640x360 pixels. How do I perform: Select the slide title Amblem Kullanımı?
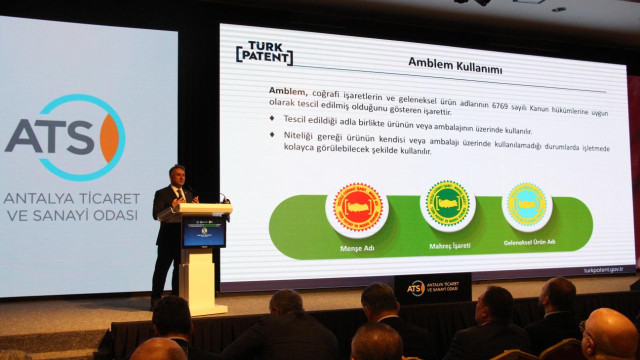454,65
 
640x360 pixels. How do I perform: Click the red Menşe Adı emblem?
357,207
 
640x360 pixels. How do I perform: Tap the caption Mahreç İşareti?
449,246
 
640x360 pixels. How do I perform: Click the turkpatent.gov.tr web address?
603,270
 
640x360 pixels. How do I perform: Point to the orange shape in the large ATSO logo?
109,138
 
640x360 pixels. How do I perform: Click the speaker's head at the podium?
177,175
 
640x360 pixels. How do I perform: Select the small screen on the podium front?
203,231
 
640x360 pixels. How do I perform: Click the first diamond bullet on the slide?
272,118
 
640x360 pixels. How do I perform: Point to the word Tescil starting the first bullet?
294,119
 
